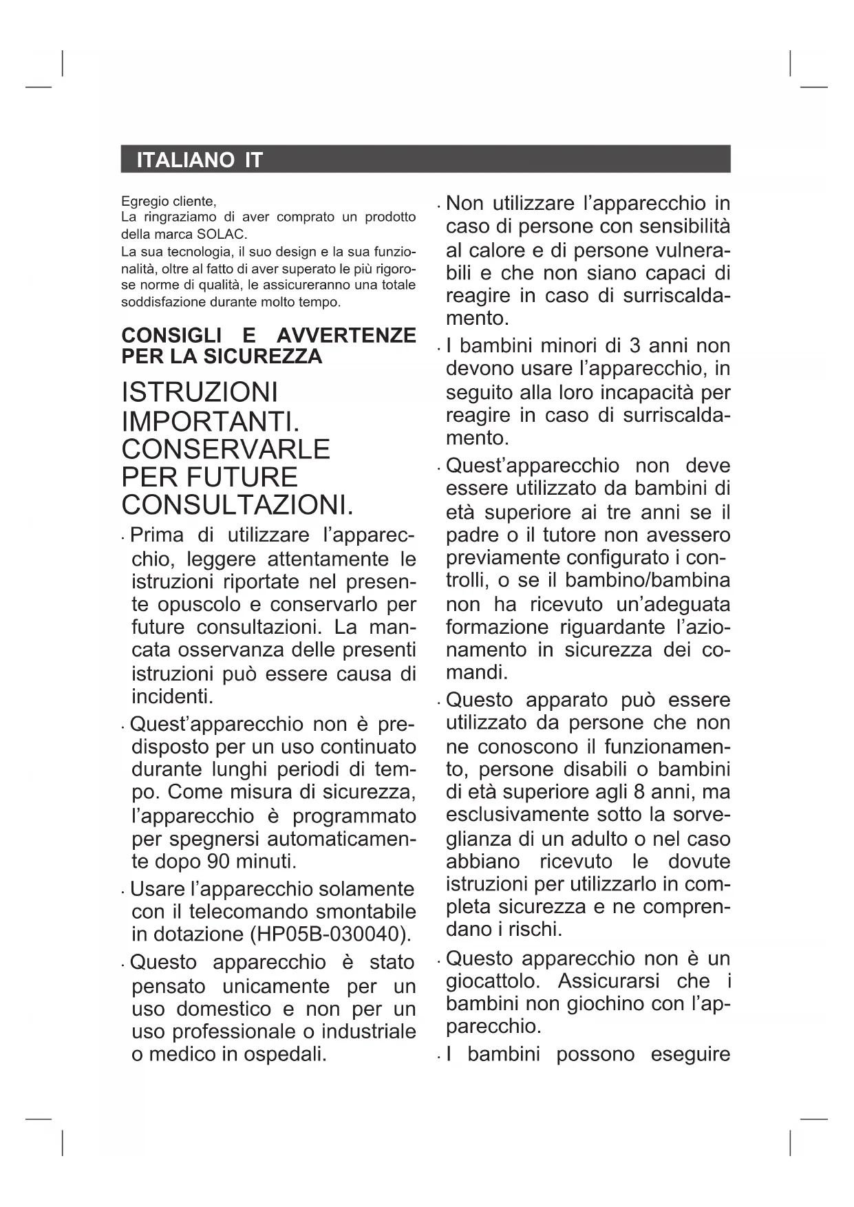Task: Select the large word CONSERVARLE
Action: tap(226, 449)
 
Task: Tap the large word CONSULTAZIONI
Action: tap(237, 505)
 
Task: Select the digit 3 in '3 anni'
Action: tap(634, 345)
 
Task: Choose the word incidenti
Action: tap(172, 696)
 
